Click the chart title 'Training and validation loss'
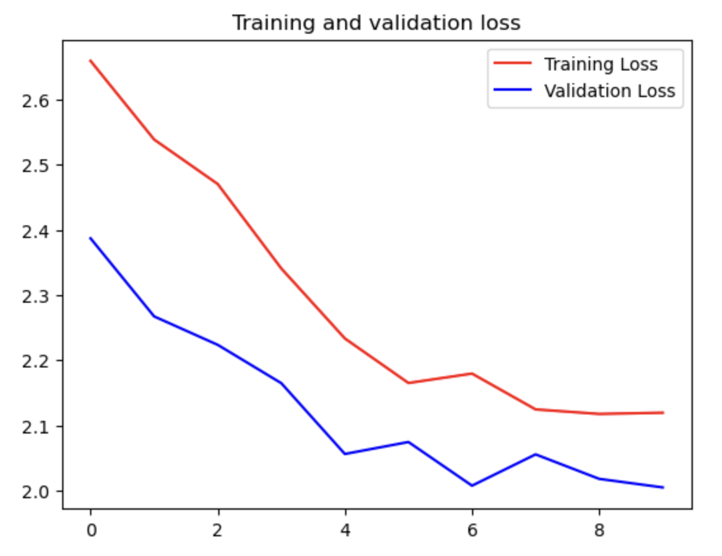(376, 23)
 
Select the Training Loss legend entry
(600, 64)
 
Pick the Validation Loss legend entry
(609, 91)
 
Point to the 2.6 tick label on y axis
(39, 100)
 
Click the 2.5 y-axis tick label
(39, 166)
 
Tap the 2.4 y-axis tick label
(39, 231)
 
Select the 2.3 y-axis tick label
(39, 296)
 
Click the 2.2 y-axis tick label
(39, 361)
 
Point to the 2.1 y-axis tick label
(39, 426)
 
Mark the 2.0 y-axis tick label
(39, 491)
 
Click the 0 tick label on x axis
(91, 529)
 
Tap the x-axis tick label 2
(218, 529)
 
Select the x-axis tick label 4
(345, 529)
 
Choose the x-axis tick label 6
(472, 529)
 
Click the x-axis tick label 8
(600, 529)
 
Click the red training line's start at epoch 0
(91, 60)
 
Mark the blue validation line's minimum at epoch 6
(472, 486)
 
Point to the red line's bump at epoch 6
(472, 373)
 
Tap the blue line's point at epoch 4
(345, 454)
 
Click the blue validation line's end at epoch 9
(663, 487)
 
